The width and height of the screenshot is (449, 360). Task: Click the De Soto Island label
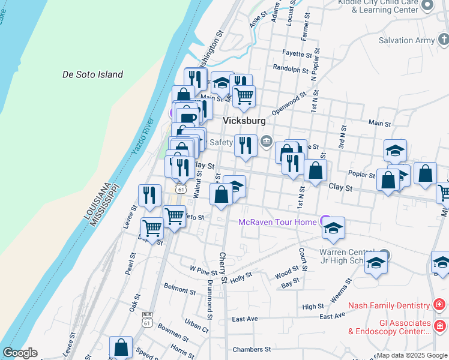click(x=93, y=75)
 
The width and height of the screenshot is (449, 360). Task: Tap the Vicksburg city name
click(x=244, y=121)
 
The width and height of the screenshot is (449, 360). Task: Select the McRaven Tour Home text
click(x=277, y=223)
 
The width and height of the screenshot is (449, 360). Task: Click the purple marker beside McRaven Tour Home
click(x=325, y=220)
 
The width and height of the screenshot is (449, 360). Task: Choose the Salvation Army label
click(x=406, y=41)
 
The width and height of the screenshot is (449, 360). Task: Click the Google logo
click(x=20, y=353)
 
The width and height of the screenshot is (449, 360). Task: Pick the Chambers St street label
click(x=252, y=349)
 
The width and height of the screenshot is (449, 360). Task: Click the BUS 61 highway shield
click(x=147, y=319)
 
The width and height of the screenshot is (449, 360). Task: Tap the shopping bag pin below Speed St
click(x=121, y=347)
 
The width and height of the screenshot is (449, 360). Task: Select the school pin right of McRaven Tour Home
click(x=334, y=227)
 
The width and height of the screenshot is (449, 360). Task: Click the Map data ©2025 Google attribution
click(x=412, y=355)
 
